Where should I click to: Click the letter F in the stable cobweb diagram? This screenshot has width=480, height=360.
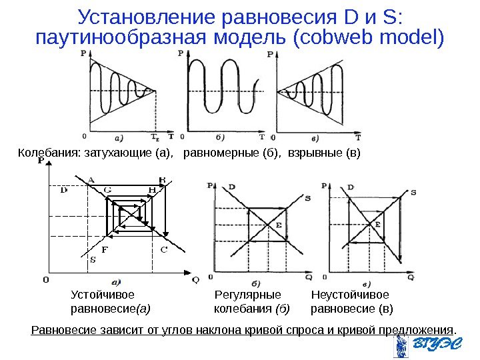(104, 251)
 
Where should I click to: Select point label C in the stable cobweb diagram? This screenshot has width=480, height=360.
(163, 250)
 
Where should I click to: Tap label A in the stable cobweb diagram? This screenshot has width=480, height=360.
(90, 179)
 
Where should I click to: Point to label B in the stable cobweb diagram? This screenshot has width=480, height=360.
(162, 179)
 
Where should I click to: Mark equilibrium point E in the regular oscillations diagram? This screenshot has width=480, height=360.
(278, 226)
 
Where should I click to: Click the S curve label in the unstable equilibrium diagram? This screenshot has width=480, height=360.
(413, 193)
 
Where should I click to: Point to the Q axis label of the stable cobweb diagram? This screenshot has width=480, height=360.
(195, 281)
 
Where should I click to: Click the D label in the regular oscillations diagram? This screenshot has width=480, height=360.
(231, 187)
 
